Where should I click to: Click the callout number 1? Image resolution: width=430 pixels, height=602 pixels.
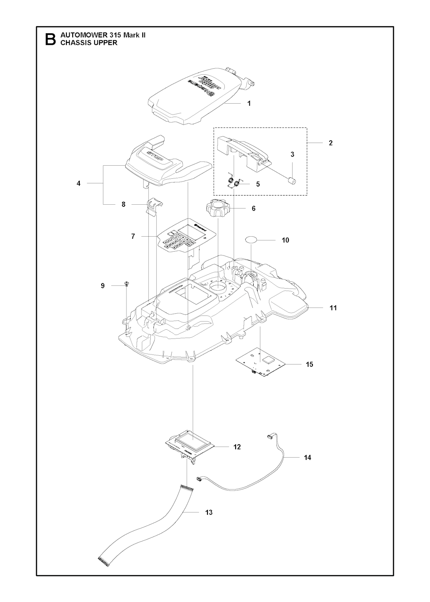(249, 103)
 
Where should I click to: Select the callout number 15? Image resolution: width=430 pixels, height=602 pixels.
(309, 364)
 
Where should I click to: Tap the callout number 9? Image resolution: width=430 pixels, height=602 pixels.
(103, 286)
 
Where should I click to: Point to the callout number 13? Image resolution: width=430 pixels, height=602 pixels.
(209, 512)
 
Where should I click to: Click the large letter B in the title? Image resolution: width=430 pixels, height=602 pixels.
(49, 39)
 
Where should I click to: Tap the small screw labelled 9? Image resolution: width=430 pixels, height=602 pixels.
(126, 285)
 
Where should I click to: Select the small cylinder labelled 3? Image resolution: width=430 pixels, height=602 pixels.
(291, 180)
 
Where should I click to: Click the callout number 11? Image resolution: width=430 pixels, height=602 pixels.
(333, 308)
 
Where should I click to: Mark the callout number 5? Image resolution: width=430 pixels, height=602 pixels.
(258, 184)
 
